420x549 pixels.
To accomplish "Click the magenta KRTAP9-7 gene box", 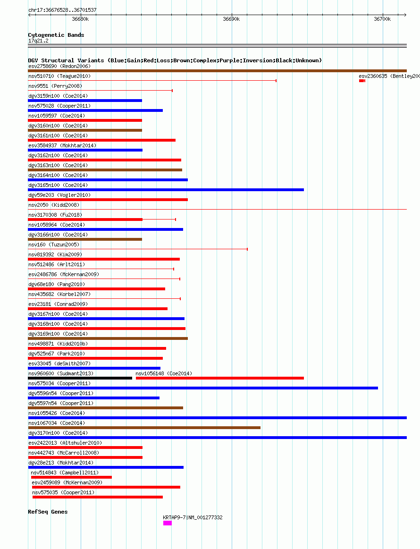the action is coord(168,523).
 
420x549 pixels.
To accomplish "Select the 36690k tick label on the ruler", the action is coord(231,19).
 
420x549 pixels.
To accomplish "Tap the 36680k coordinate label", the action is coord(80,19).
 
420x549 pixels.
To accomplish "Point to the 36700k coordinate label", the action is coord(382,19).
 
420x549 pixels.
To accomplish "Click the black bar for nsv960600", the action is coord(80,378).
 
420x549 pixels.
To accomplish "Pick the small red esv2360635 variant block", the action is coord(362,81).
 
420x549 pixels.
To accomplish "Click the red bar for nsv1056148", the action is coord(220,378).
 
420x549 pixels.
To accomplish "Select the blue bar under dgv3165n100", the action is coord(166,190).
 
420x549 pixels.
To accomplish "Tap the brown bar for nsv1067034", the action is coord(144,428).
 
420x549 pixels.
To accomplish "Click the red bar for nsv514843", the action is coord(71,477).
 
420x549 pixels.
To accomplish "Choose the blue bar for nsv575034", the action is coord(203,388).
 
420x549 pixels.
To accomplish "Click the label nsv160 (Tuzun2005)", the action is coord(54,245).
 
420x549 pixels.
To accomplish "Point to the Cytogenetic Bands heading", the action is coord(56,35).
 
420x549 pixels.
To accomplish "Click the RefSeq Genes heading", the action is coord(48,512).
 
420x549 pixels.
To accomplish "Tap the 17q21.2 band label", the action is coord(39,41).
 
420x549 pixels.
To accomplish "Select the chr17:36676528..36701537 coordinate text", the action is coord(62,10).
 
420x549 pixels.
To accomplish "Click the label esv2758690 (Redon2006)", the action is coord(59,66).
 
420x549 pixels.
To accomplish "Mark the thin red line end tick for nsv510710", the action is coord(276,81).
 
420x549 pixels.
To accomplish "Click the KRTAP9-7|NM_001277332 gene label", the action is coord(193,517).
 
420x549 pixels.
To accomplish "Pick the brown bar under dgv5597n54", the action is coord(106,408).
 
